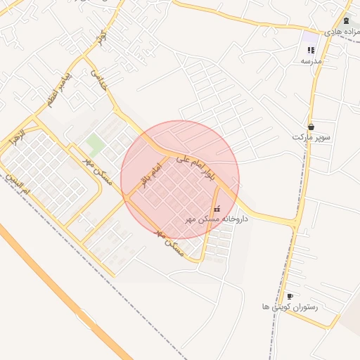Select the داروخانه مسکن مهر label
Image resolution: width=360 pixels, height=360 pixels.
[218, 220]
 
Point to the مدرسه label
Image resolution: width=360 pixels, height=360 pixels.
[311, 61]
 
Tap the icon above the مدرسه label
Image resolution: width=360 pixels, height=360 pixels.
[311, 50]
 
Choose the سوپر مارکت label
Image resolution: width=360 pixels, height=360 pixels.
[311, 136]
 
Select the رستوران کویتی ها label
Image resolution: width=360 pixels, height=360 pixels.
[290, 308]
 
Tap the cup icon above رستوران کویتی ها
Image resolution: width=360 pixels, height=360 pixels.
[290, 297]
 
